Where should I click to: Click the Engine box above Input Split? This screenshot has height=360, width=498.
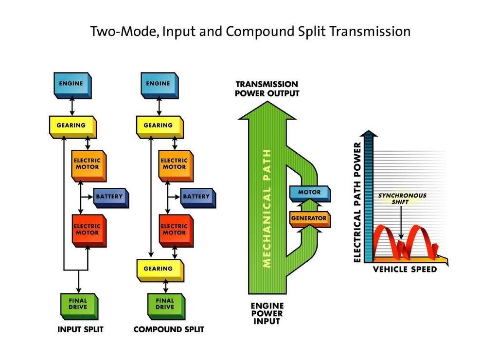pos(72,85)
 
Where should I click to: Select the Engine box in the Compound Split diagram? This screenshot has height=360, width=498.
pos(160,85)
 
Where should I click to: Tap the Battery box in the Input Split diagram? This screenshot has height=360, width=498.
pos(111,198)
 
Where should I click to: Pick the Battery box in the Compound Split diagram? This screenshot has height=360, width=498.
pos(198,198)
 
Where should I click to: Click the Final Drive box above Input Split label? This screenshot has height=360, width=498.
pos(79,306)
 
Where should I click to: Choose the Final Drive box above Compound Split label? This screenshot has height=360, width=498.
pos(166,306)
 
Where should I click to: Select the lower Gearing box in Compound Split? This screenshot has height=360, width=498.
pos(160,270)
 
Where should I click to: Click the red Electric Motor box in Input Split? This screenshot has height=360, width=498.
pos(89,231)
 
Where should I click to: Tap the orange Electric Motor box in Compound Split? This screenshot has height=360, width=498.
pos(176,165)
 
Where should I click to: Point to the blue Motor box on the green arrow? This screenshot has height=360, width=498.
pos(310,194)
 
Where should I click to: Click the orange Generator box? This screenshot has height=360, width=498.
pos(310,219)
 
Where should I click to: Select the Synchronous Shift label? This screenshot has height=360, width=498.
pos(402,198)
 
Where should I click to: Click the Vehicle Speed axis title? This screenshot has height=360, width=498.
pos(405,270)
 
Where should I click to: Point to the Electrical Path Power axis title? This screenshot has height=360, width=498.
pos(357,202)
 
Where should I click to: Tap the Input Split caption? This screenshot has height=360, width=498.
pos(80,329)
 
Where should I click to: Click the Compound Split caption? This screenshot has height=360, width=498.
pos(169,329)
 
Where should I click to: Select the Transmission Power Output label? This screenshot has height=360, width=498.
pos(267,89)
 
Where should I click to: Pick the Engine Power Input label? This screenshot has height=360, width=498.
pos(267,314)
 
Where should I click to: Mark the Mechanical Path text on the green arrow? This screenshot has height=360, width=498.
pos(267,208)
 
